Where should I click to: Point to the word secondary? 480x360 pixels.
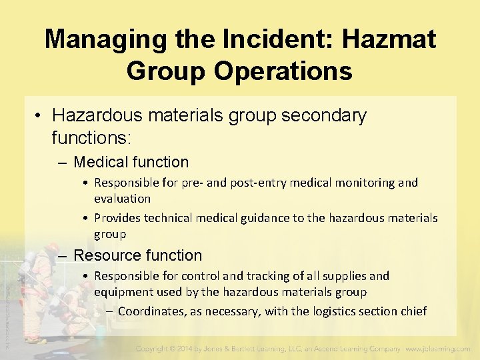click(x=324, y=115)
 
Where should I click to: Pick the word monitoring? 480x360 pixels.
click(x=367, y=183)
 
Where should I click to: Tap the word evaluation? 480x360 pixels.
click(x=122, y=199)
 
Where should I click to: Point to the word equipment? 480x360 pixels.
click(x=123, y=292)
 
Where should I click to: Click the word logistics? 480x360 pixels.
click(x=332, y=311)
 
